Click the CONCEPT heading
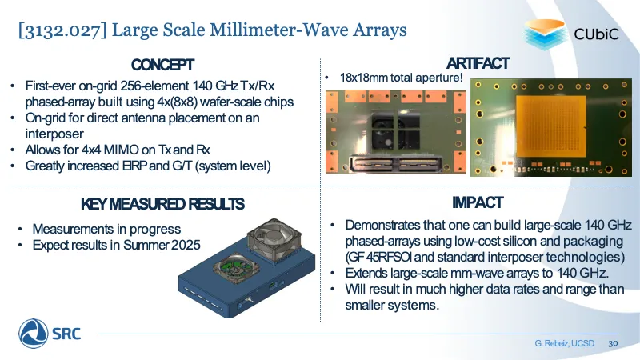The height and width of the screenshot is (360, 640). (x=162, y=65)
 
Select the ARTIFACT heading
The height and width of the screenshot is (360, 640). (x=478, y=63)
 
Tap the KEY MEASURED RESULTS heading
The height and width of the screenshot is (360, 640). (x=162, y=204)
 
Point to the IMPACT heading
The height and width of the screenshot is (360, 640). (x=478, y=202)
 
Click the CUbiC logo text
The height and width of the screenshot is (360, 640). (x=596, y=34)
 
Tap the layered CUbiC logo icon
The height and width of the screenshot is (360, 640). (x=546, y=34)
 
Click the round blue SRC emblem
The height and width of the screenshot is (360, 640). (x=33, y=334)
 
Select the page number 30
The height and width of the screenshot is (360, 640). (x=613, y=343)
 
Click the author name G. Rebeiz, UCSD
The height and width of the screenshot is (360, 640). (x=565, y=343)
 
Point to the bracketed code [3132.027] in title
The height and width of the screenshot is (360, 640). (x=62, y=30)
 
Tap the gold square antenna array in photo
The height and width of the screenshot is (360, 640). (x=550, y=130)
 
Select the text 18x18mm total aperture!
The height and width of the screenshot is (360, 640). (x=402, y=78)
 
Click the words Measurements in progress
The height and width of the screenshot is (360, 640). (x=106, y=229)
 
